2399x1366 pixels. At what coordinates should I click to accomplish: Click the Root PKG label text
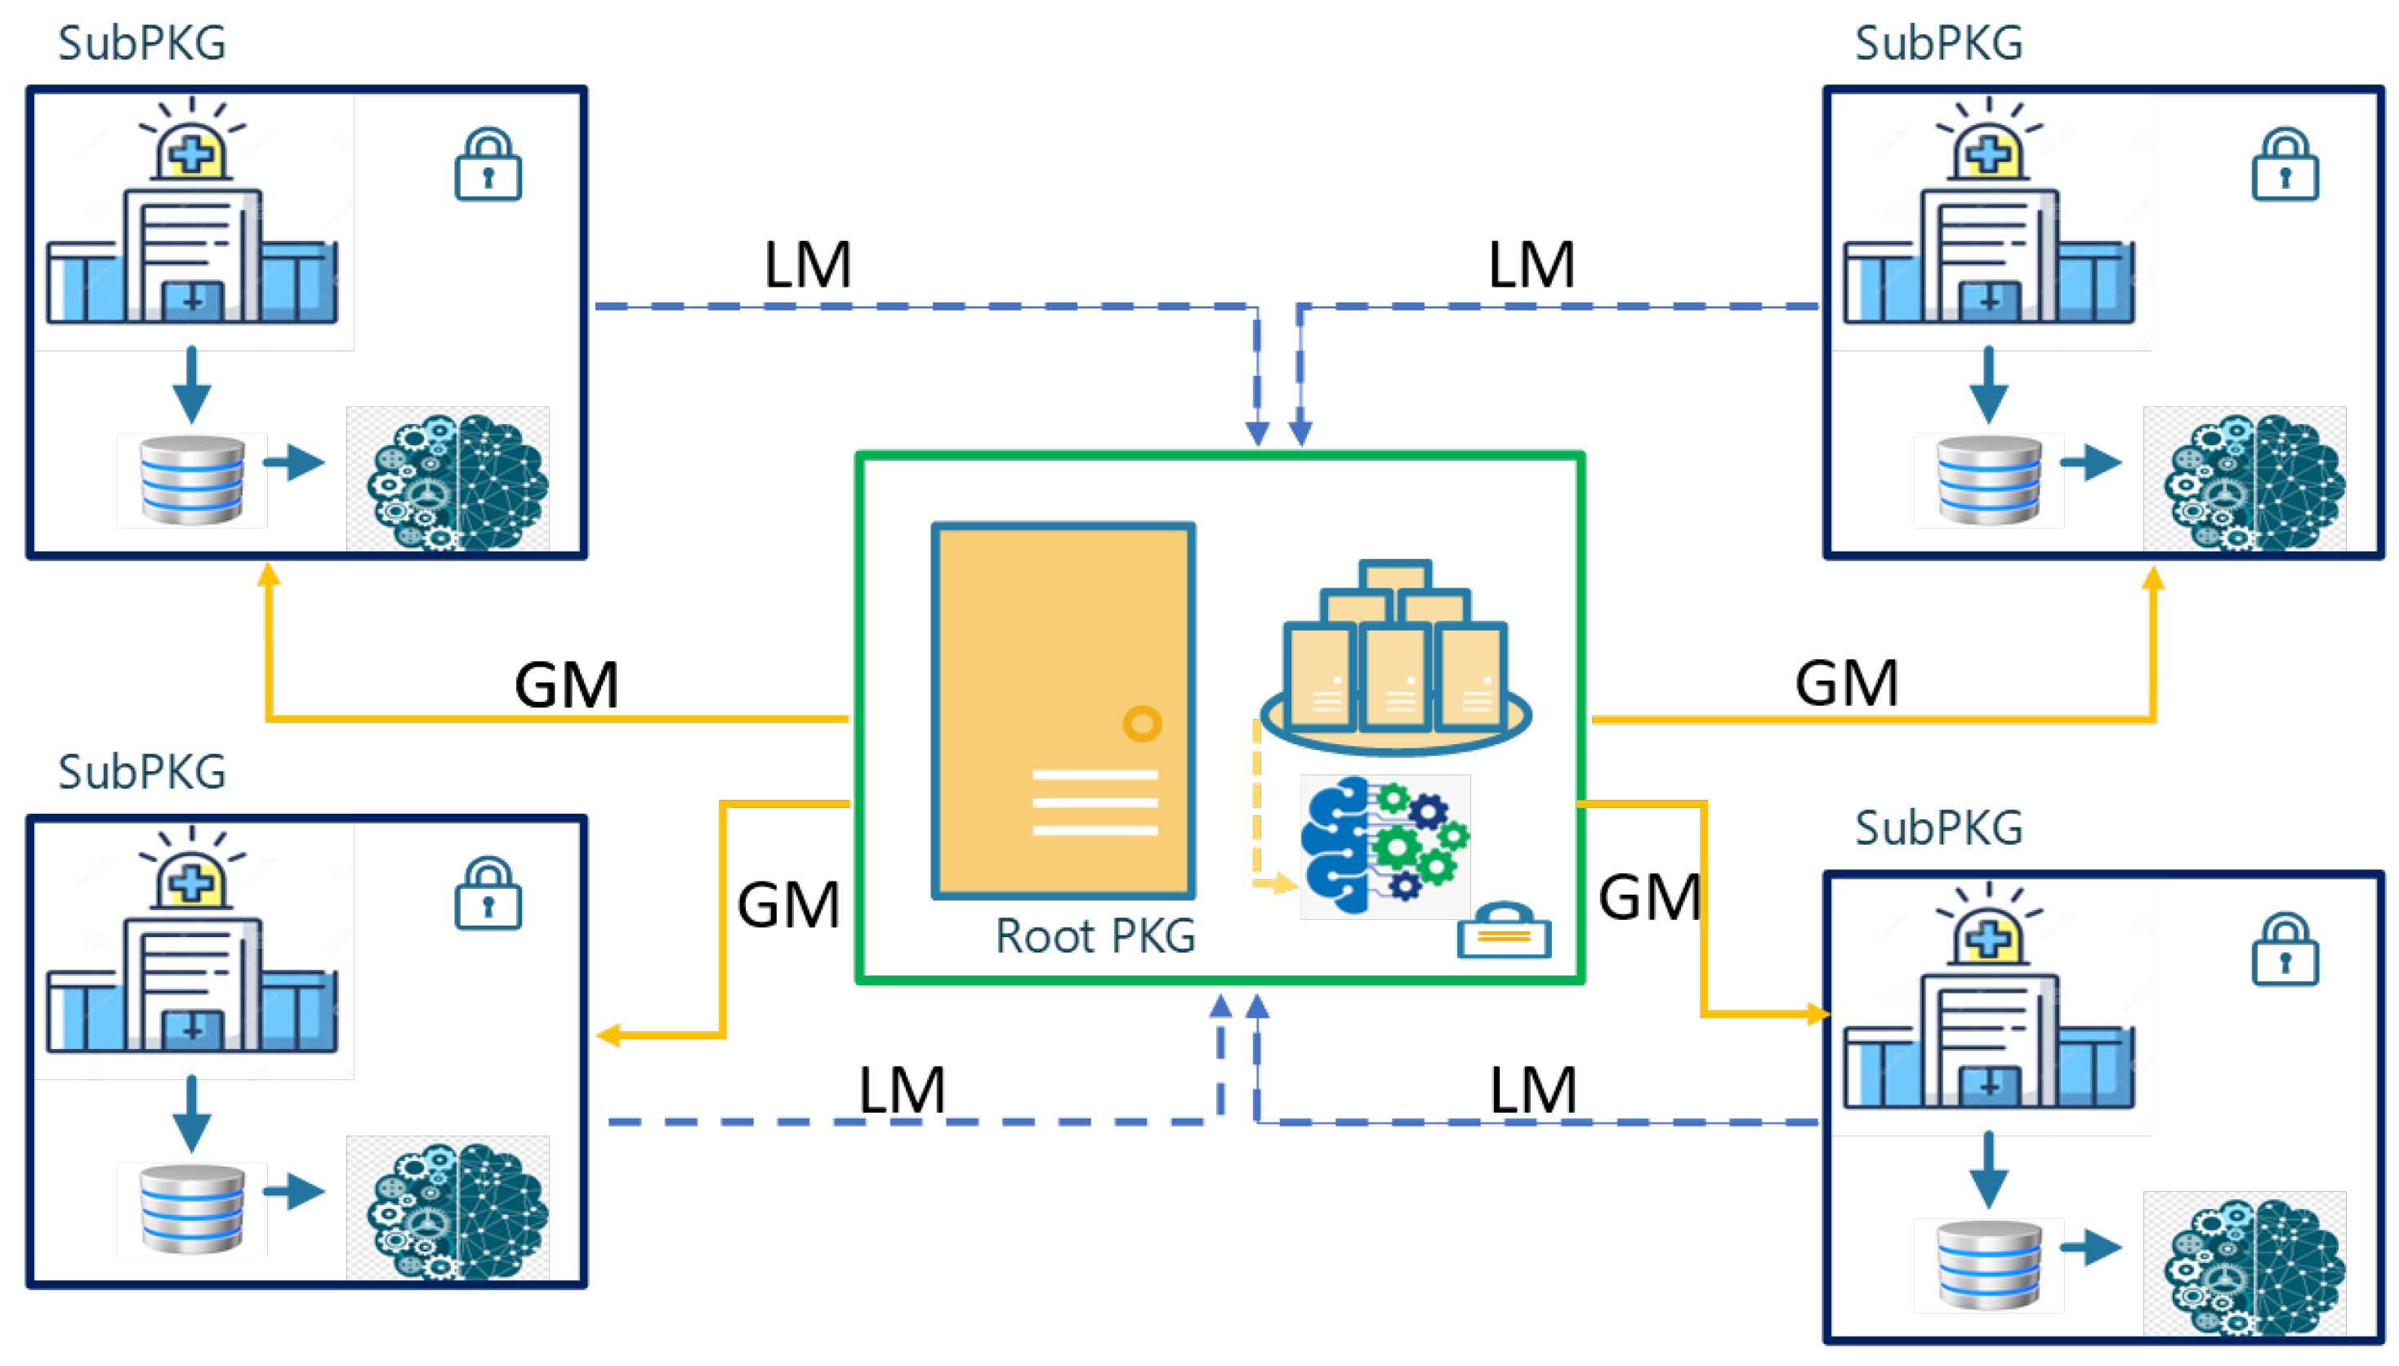[1094, 936]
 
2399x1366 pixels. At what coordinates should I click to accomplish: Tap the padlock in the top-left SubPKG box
[488, 165]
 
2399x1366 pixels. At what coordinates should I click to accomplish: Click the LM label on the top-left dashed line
[806, 266]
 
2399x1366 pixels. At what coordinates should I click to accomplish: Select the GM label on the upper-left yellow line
[565, 685]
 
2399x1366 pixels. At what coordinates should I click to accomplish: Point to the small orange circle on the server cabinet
[1141, 723]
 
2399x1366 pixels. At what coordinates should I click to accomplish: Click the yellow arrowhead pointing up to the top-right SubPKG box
[2152, 579]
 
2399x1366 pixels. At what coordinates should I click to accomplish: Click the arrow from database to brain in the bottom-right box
[2089, 1248]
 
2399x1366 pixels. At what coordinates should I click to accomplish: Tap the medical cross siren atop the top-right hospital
[1987, 150]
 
